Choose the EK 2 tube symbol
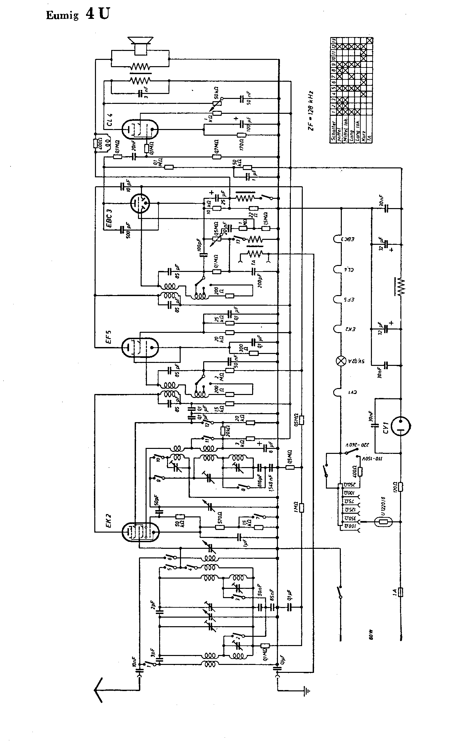140,532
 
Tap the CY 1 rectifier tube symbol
401,426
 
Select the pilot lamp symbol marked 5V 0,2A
340,360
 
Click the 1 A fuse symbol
401,592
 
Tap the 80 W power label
371,636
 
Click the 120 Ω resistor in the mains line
401,487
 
